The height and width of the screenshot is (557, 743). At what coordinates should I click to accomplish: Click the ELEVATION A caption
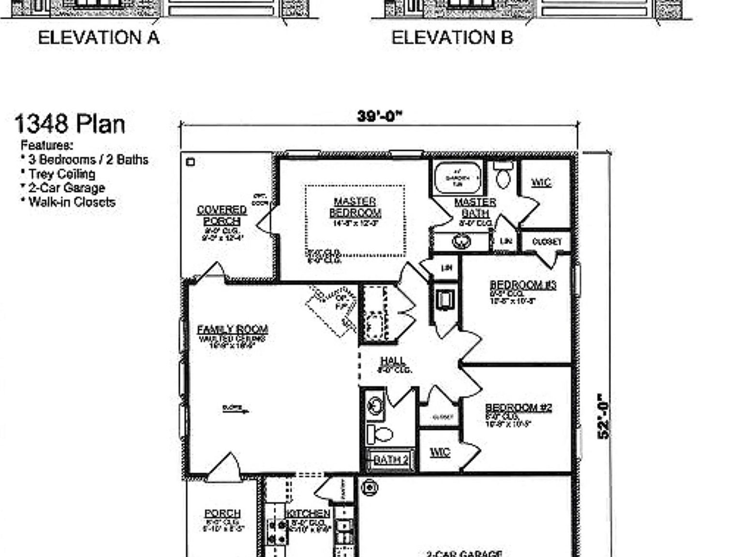tap(99, 38)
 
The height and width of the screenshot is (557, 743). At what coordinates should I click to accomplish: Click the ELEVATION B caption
tap(452, 38)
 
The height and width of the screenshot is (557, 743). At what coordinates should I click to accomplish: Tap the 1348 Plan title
tap(70, 124)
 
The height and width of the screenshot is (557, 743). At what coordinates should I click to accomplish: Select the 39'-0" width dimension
tap(380, 117)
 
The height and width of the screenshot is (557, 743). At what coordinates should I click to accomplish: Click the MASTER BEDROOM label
tap(355, 207)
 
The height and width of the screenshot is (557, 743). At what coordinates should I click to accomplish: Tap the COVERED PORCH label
tap(222, 215)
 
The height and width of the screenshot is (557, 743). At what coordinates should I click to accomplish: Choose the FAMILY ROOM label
tap(233, 330)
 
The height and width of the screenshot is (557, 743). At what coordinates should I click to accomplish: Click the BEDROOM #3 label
tap(523, 285)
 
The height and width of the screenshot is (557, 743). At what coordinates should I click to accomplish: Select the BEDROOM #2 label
tap(519, 408)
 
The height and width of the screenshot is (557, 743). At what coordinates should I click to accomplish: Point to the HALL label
tap(393, 361)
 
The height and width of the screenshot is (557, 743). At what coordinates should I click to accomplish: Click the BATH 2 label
tap(391, 459)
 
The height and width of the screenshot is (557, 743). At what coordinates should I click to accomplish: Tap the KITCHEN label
tap(308, 513)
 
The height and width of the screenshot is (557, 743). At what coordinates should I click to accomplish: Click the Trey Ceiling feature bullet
tap(61, 174)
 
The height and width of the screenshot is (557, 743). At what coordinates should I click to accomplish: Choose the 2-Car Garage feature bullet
tap(66, 188)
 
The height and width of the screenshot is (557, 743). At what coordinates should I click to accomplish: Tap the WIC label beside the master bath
tap(541, 182)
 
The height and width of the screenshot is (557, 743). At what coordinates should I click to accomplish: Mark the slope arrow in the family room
tap(236, 410)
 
